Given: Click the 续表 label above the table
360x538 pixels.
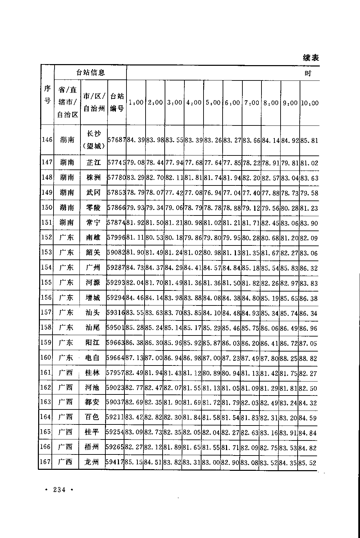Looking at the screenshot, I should click(x=311, y=58).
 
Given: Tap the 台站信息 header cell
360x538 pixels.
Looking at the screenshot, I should click(x=90, y=72).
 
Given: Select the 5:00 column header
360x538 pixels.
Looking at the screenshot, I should click(x=213, y=103).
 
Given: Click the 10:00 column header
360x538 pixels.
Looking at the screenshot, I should click(x=310, y=103).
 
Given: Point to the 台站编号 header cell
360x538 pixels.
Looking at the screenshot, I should click(x=117, y=103).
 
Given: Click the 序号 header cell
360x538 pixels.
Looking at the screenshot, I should click(x=47, y=94).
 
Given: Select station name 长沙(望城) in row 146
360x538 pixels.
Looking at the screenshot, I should click(x=93, y=140).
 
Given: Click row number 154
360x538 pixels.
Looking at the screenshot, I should click(x=46, y=267).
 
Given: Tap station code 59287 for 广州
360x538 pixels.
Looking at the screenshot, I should click(x=116, y=267).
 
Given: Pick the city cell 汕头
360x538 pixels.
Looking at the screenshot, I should click(x=93, y=312).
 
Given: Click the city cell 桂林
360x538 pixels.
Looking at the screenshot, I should click(x=92, y=373).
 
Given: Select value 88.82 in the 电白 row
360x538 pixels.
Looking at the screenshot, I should click(x=309, y=358).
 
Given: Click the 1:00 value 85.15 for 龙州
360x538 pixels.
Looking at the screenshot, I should click(x=134, y=462).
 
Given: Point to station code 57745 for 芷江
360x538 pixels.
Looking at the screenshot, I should click(x=117, y=163).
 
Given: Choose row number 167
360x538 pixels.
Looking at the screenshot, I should click(x=45, y=462).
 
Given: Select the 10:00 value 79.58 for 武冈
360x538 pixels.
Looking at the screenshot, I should click(x=309, y=193).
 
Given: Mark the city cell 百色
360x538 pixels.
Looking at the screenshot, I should click(x=92, y=417).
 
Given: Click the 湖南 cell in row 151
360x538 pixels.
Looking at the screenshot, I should click(x=67, y=223).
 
